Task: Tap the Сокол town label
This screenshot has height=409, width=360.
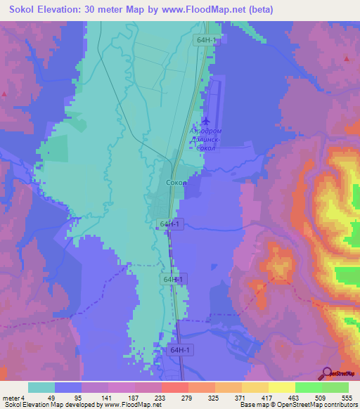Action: click(176, 183)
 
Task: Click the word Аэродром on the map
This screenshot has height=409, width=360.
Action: click(207, 131)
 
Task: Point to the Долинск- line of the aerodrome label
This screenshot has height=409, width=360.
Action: click(207, 140)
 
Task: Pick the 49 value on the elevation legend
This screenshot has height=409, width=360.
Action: click(55, 397)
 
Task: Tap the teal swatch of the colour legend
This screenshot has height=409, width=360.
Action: click(41, 387)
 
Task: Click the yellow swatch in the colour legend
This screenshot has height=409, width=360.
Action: click(281, 387)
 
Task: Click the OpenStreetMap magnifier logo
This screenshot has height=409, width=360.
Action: click(326, 373)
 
